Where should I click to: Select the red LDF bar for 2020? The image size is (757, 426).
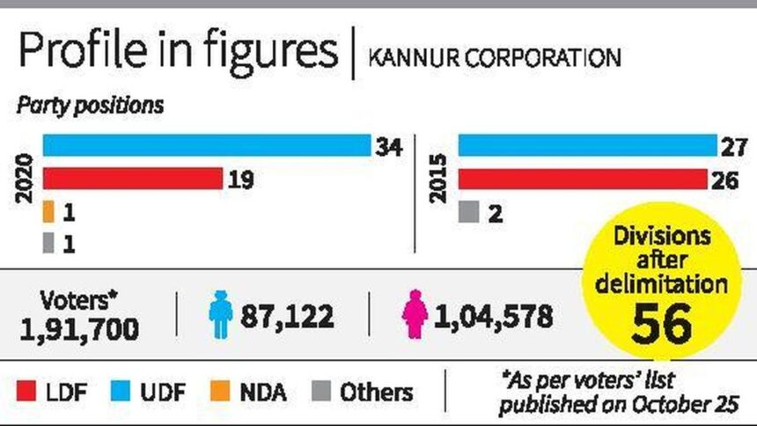coord(132,180)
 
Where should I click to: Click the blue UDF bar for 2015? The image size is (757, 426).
coord(587,145)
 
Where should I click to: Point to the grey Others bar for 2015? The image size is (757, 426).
coord(468,212)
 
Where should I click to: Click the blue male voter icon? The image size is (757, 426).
coord(218,313)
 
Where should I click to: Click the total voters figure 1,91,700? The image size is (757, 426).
coord(79,328)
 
